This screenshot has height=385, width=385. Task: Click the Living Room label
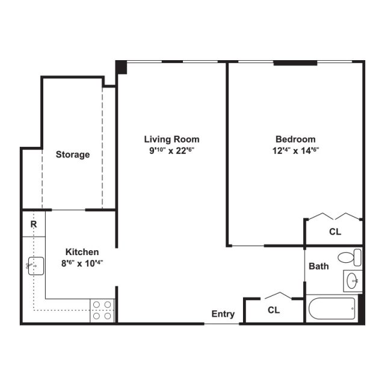[174, 139]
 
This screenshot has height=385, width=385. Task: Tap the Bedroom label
[295, 139]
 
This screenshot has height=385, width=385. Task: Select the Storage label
[73, 155]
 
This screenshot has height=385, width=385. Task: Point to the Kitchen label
[82, 252]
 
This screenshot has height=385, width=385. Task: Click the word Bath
[319, 266]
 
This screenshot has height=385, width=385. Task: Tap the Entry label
[223, 314]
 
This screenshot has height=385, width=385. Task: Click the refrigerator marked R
[34, 224]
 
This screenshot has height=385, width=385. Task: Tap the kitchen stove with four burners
[102, 310]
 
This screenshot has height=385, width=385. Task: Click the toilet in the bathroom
[348, 257]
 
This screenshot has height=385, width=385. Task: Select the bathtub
[331, 309]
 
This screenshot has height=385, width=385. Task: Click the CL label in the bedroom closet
[335, 232]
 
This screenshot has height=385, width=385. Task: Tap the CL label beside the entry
[274, 310]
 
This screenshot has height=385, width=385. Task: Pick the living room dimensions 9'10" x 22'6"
[174, 151]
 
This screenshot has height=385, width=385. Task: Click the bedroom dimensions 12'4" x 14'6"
[295, 151]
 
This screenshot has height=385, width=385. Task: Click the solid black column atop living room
[122, 67]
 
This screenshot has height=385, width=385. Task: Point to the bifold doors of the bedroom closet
[334, 216]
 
